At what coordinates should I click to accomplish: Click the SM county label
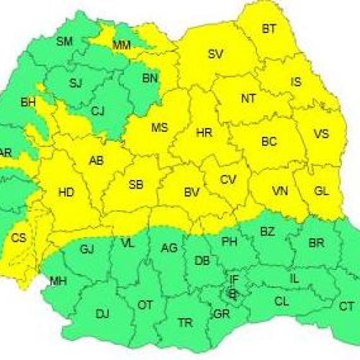coord(64,42)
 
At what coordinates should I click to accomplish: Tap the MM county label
coord(122,46)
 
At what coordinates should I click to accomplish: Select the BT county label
coord(269,30)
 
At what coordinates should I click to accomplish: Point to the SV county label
coord(215,54)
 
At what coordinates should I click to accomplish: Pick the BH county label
coord(28,103)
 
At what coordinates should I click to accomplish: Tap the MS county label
coord(159,128)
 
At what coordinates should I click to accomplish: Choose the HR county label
coord(204,133)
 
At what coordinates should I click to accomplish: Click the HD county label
coord(66,192)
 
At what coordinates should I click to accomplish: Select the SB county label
coord(135,185)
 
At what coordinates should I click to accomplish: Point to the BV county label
coord(192,192)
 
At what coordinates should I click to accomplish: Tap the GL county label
coord(322,191)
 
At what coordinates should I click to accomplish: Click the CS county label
coord(19,238)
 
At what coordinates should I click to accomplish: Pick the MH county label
coord(58,281)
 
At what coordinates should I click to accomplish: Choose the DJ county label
coord(102,313)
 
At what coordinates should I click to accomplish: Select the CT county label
coord(346,307)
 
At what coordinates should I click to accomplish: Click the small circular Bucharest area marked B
coord(232,293)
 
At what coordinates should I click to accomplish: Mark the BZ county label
coord(268,232)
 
